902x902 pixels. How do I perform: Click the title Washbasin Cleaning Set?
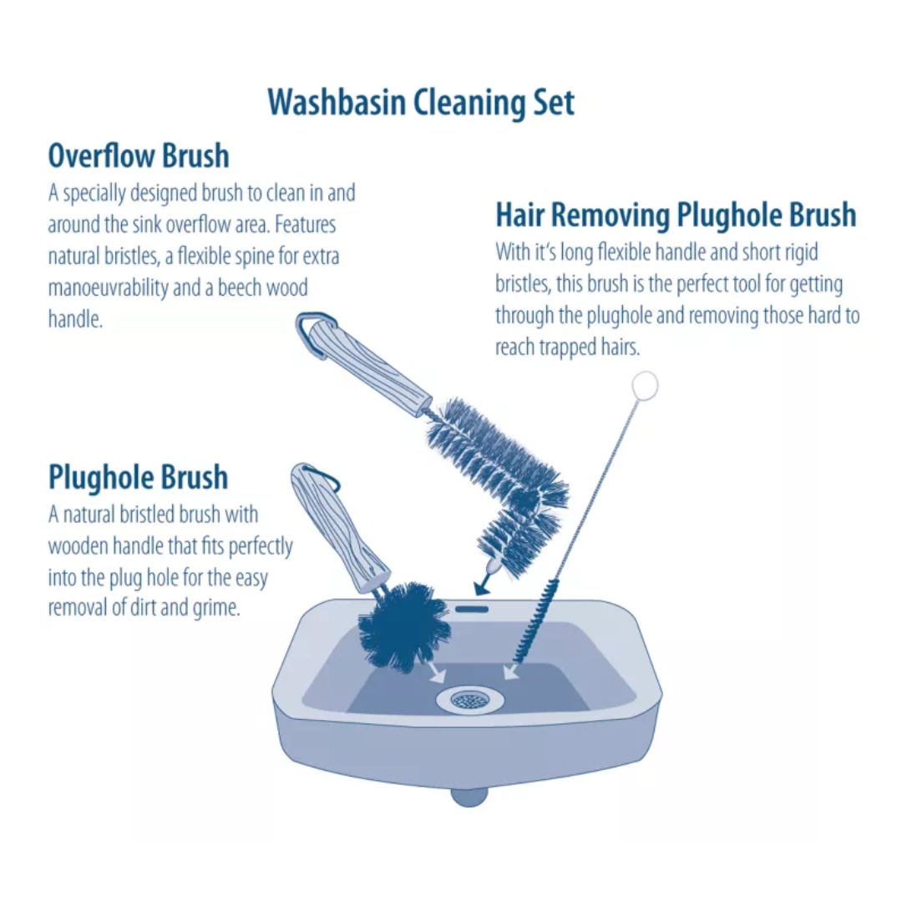coord(421,103)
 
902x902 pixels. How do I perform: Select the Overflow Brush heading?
coord(139,156)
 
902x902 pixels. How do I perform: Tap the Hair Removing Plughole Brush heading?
coord(676,215)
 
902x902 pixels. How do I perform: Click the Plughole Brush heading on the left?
coord(138,478)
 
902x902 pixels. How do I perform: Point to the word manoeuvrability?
coord(109,288)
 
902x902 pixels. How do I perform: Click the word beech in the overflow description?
coord(235,288)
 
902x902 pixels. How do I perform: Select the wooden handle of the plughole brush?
coord(334,527)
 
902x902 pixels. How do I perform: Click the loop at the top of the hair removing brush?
coord(645,386)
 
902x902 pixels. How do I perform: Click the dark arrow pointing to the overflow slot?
coord(482,583)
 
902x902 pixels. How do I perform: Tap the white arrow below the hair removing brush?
coord(509,671)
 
